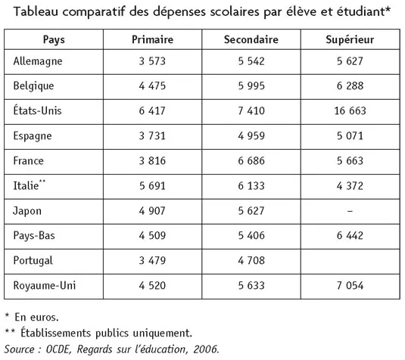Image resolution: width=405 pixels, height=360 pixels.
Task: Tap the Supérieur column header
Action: coord(349,39)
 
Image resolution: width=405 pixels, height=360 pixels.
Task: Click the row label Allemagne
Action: coord(38,60)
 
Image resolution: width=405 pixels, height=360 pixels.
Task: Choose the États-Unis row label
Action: coord(38,110)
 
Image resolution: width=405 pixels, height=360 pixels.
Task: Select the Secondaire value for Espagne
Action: coord(251,136)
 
